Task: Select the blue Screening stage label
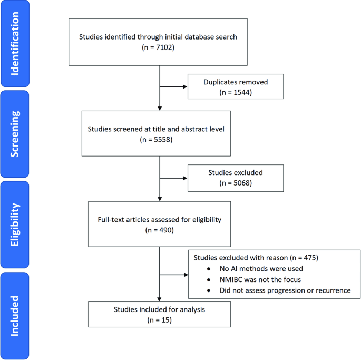click(x=15, y=134)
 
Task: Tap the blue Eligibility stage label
click(x=15, y=224)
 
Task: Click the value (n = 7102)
click(x=159, y=47)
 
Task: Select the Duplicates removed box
click(x=236, y=87)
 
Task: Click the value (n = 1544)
click(x=236, y=92)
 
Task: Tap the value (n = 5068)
click(x=236, y=182)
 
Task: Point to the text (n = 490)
click(x=159, y=230)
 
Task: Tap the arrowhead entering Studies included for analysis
click(x=159, y=298)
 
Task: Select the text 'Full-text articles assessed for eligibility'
click(x=159, y=220)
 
